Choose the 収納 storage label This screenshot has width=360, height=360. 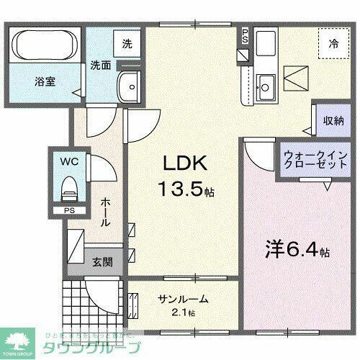click(x=331, y=121)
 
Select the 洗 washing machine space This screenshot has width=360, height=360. click(x=127, y=42)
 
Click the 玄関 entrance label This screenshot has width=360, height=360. click(x=101, y=261)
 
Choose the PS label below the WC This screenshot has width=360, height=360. click(x=68, y=211)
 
